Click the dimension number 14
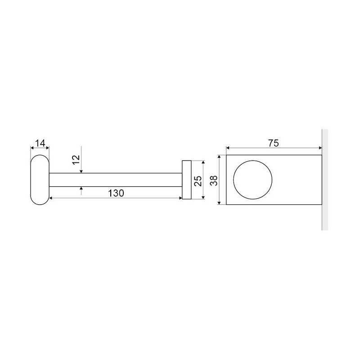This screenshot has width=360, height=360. [x=40, y=143]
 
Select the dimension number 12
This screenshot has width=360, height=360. [x=76, y=160]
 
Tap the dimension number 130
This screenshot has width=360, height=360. [x=116, y=193]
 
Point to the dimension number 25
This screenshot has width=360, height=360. [x=198, y=181]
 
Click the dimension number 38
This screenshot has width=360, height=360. [x=214, y=181]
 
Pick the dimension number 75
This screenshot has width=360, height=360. [x=274, y=143]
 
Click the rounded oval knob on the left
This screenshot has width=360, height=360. [x=40, y=180]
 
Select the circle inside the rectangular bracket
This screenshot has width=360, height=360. [x=252, y=180]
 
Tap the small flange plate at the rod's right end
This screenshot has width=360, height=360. [x=187, y=180]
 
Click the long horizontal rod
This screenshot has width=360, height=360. [x=116, y=180]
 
